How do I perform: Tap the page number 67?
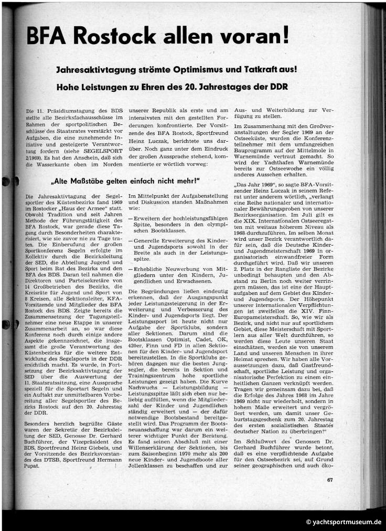pyautogui.click(x=329, y=479)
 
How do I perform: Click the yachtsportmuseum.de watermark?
pyautogui.click(x=344, y=522)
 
